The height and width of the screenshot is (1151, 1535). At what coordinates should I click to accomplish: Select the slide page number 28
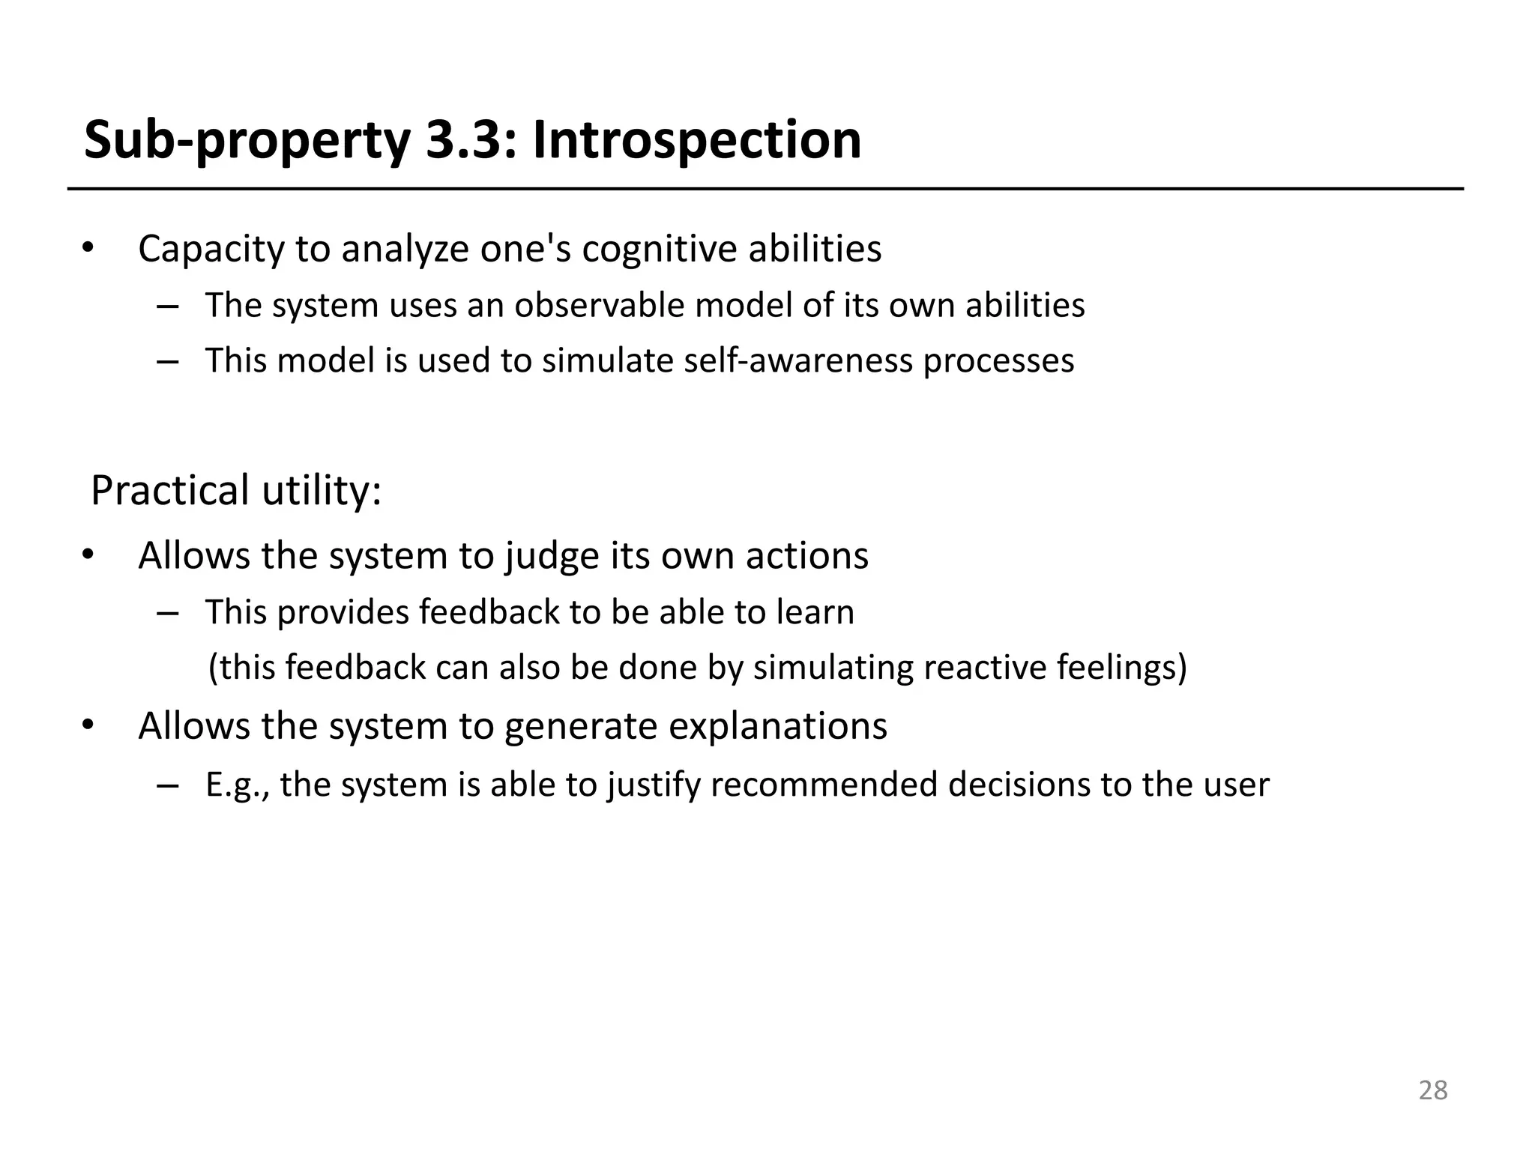click(1432, 1090)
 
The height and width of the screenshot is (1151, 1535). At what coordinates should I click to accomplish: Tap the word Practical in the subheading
click(169, 491)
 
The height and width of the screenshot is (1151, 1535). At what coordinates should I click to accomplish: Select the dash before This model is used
click(168, 361)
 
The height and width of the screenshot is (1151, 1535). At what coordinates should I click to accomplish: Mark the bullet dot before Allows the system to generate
click(88, 725)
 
